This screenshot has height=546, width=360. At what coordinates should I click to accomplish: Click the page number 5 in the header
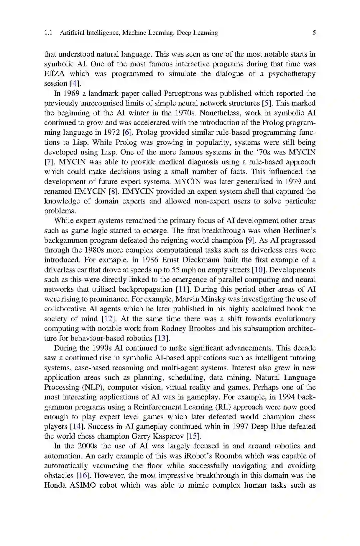314,33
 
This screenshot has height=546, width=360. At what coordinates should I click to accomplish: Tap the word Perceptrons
183,93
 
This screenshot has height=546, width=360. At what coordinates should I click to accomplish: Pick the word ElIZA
55,74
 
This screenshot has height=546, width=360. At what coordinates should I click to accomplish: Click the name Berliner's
299,230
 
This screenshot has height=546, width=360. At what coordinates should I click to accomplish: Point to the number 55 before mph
176,269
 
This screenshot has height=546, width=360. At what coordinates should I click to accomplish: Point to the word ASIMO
83,485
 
